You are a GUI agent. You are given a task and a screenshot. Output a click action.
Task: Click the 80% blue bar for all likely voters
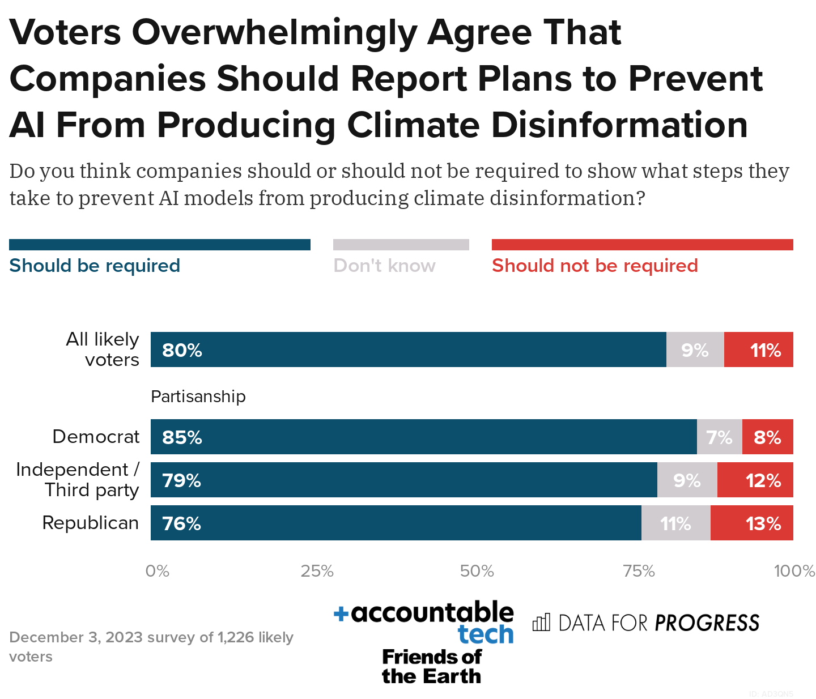click(408, 349)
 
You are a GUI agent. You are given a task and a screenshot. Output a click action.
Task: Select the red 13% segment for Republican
click(751, 523)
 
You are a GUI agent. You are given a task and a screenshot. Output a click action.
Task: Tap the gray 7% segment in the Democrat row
click(719, 437)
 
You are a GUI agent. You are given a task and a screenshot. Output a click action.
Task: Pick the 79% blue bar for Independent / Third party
click(403, 480)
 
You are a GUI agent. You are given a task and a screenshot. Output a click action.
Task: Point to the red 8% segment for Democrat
click(767, 437)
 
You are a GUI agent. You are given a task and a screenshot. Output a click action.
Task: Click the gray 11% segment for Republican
click(675, 523)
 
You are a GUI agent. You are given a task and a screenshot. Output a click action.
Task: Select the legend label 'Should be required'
click(95, 266)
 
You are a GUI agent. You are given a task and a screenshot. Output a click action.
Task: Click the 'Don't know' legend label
click(384, 266)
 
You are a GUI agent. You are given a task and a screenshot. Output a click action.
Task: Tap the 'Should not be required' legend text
click(594, 266)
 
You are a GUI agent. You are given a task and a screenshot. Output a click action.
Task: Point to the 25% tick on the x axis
click(317, 571)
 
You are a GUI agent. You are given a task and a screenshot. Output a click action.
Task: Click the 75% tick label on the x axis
click(639, 571)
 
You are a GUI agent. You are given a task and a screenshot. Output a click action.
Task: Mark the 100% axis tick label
click(793, 571)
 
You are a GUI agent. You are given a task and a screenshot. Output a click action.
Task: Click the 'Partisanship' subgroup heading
click(198, 397)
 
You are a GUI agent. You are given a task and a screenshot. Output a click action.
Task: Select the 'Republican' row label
click(91, 523)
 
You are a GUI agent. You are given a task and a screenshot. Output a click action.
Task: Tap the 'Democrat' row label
click(96, 437)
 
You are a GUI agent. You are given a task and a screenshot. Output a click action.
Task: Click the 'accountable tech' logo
click(424, 622)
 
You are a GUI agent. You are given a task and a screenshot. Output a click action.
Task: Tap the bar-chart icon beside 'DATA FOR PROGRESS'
click(541, 623)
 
